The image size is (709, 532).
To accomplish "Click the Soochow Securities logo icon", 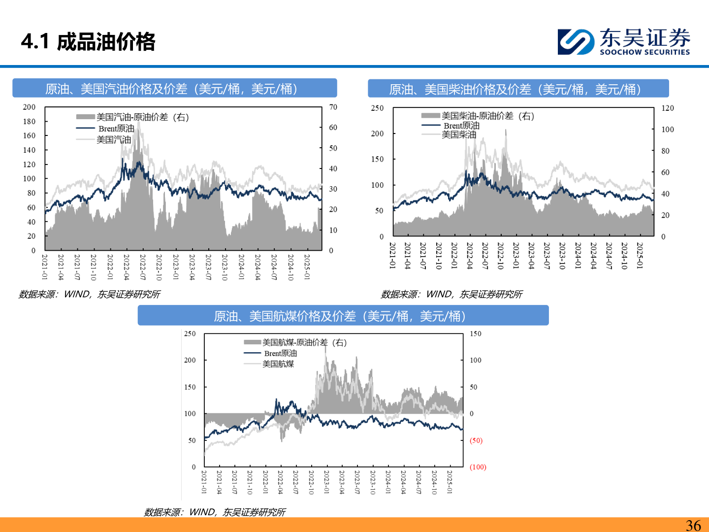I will click(x=575, y=41).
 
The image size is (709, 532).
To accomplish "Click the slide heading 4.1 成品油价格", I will click(x=89, y=42).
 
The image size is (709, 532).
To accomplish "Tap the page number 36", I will click(x=693, y=525).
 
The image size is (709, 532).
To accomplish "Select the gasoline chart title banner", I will click(x=175, y=89).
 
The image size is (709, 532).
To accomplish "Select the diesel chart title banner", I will click(x=518, y=89).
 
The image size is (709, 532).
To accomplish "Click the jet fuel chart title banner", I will click(x=343, y=316).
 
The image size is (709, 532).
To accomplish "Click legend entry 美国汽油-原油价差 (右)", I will click(x=133, y=117).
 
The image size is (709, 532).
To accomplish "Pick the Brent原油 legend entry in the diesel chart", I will click(x=451, y=126).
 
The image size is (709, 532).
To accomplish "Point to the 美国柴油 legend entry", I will click(x=449, y=134).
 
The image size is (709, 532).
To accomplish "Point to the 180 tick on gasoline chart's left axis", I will click(x=30, y=121).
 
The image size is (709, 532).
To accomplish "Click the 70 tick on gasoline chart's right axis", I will click(x=333, y=107).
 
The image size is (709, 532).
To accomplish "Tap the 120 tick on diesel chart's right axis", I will click(x=668, y=108).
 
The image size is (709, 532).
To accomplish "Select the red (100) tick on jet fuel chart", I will click(x=478, y=467).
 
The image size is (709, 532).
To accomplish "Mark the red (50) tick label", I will click(x=476, y=440).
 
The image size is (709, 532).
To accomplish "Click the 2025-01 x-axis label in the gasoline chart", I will click(x=307, y=266).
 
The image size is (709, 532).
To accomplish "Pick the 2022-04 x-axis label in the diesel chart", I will click(x=470, y=255).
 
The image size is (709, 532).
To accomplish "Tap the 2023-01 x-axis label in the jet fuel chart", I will click(x=326, y=482).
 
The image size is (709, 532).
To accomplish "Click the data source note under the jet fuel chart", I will click(x=214, y=512).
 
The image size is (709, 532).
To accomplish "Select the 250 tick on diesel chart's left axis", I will click(x=377, y=108).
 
